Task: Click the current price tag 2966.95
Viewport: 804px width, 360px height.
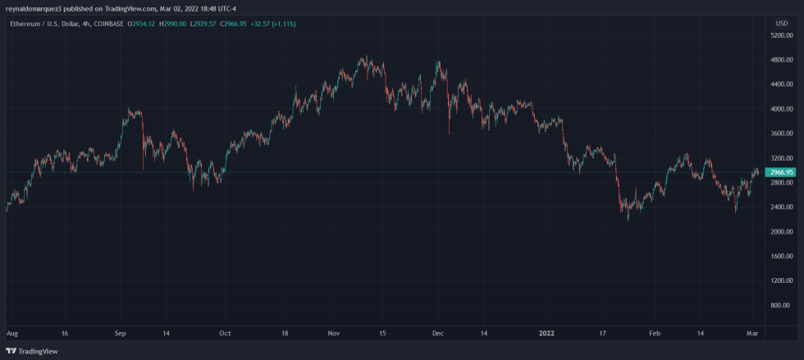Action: pyautogui.click(x=778, y=172)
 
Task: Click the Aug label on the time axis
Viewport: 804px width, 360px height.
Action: pyautogui.click(x=11, y=335)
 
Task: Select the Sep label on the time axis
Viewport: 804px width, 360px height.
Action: pyautogui.click(x=120, y=335)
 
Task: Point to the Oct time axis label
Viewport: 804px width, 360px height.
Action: pyautogui.click(x=225, y=335)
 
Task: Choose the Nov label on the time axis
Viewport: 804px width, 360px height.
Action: pyautogui.click(x=333, y=335)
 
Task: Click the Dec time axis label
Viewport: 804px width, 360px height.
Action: pyautogui.click(x=437, y=335)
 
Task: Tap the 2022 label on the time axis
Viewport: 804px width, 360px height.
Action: pyautogui.click(x=546, y=335)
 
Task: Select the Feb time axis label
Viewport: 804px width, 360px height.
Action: pyautogui.click(x=654, y=335)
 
